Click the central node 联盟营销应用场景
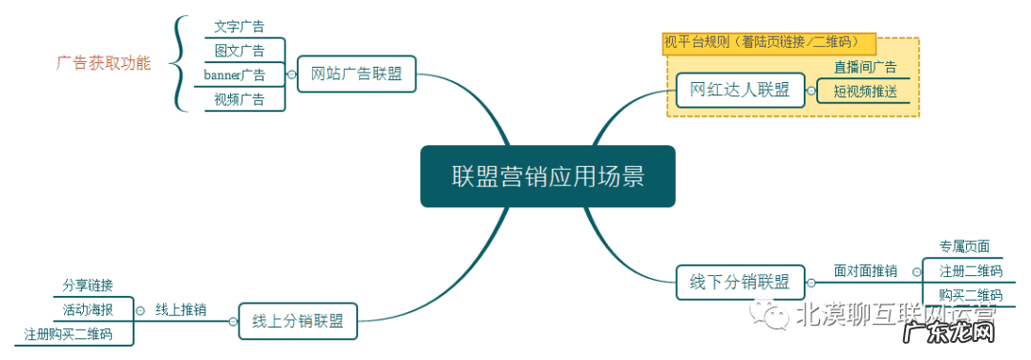pyautogui.click(x=547, y=177)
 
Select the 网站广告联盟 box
pyautogui.click(x=356, y=74)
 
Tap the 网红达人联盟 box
pyautogui.click(x=740, y=90)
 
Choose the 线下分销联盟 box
pyautogui.click(x=740, y=282)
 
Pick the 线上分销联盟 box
pyautogui.click(x=298, y=320)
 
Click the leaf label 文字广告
pyautogui.click(x=240, y=26)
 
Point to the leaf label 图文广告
pyautogui.click(x=240, y=51)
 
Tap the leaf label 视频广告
pyautogui.click(x=240, y=99)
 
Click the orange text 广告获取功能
pyautogui.click(x=103, y=64)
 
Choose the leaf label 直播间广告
pyautogui.click(x=865, y=67)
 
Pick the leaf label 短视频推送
pyautogui.click(x=865, y=92)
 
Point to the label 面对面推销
pyautogui.click(x=865, y=271)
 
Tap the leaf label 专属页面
pyautogui.click(x=964, y=246)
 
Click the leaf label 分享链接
pyautogui.click(x=88, y=286)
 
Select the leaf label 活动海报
pyautogui.click(x=88, y=309)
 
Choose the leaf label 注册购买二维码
pyautogui.click(x=68, y=334)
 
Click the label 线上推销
pyautogui.click(x=180, y=309)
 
